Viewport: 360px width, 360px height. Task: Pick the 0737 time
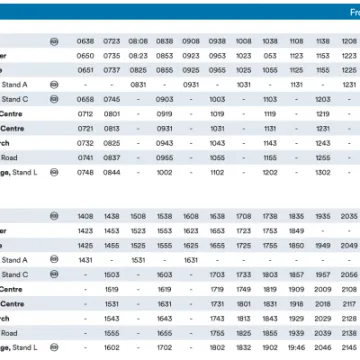(x=111, y=71)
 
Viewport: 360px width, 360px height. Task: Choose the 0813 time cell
(x=111, y=129)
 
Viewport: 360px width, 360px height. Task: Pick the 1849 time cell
(x=296, y=230)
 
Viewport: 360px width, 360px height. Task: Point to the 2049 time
(x=348, y=245)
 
